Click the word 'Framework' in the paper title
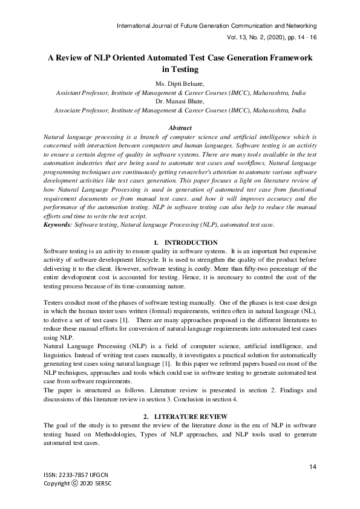[x=286, y=58]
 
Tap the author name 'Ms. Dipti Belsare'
[x=180, y=83]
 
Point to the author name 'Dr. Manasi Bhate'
[x=180, y=102]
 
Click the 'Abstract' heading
[x=180, y=128]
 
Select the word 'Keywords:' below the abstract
[x=58, y=225]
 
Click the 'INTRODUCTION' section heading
[x=191, y=242]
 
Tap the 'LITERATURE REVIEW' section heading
[x=191, y=417]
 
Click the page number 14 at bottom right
[x=313, y=466]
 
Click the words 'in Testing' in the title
[x=180, y=70]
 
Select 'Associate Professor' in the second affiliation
[x=81, y=111]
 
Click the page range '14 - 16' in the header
[x=304, y=37]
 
